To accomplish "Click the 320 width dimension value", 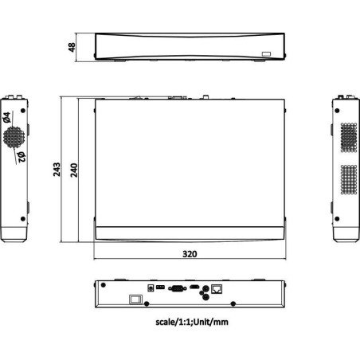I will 190,253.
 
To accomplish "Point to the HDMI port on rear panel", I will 195,285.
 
